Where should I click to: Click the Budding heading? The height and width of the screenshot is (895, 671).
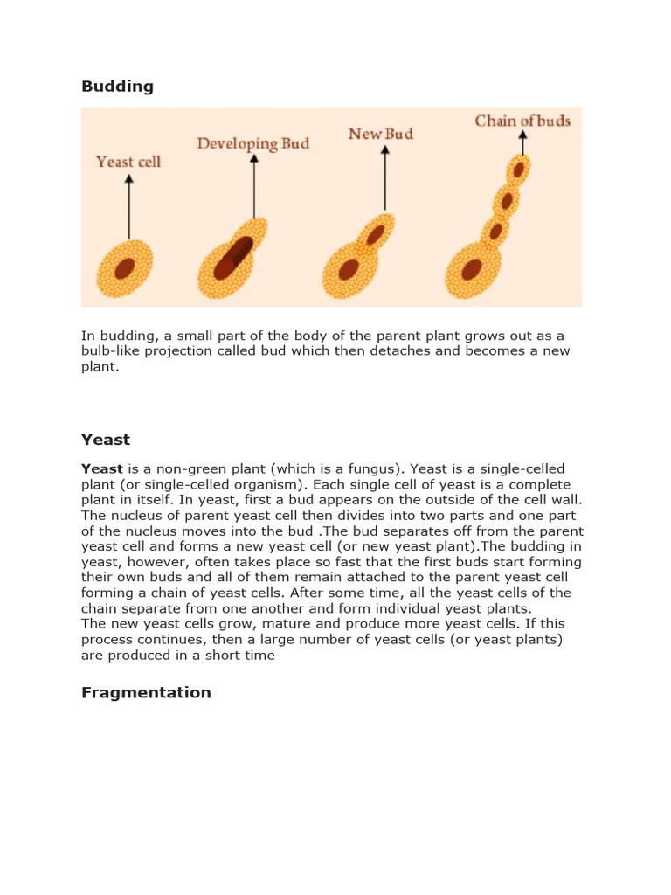point(117,87)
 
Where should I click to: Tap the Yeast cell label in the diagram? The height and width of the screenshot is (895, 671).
point(128,162)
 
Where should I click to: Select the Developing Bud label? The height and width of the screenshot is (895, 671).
point(252,143)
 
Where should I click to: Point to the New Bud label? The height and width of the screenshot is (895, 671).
point(380,134)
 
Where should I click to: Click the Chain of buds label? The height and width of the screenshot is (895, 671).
point(522,121)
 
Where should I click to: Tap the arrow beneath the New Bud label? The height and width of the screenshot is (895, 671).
point(385,179)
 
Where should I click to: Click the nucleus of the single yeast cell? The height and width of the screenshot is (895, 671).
point(125,267)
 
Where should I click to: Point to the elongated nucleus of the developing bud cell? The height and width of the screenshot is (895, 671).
point(233,257)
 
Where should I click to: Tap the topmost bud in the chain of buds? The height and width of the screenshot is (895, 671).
point(519,169)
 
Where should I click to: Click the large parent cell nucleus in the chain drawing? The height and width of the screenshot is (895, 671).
point(472,268)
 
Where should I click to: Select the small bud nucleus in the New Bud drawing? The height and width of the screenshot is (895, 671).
point(376,234)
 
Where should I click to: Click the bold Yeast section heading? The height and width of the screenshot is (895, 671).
point(106,440)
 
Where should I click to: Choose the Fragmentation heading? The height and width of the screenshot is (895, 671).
point(146,692)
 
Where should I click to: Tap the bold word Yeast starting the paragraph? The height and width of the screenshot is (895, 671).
point(101,469)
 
